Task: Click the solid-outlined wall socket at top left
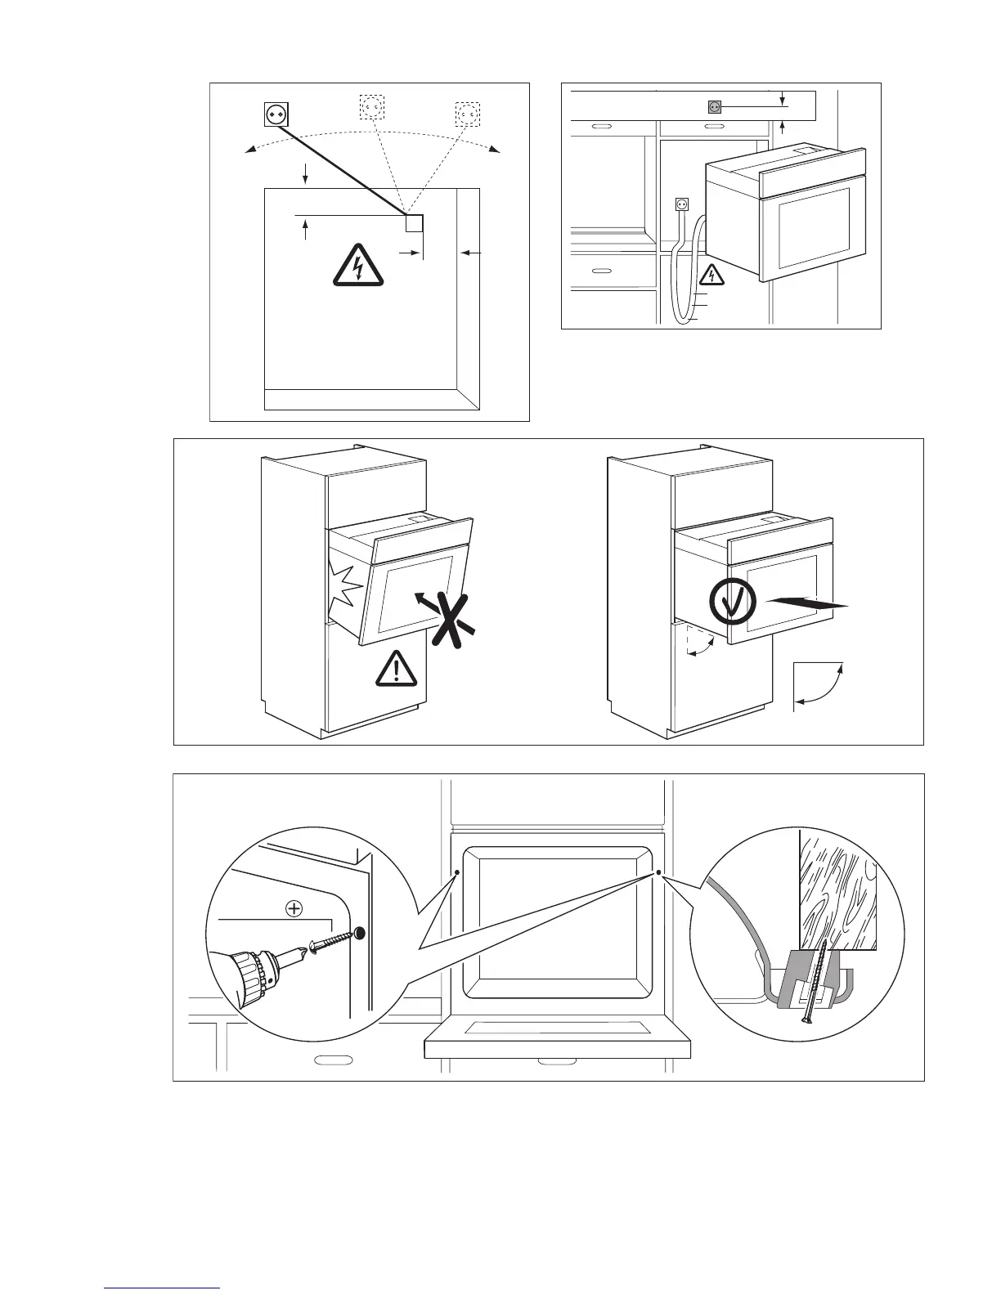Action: (276, 114)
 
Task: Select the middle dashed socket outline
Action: (372, 106)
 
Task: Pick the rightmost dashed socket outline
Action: (467, 114)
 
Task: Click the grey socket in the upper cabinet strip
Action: (714, 106)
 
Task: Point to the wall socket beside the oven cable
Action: (681, 206)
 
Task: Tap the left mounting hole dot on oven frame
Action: (457, 872)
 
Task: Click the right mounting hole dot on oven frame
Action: (658, 872)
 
